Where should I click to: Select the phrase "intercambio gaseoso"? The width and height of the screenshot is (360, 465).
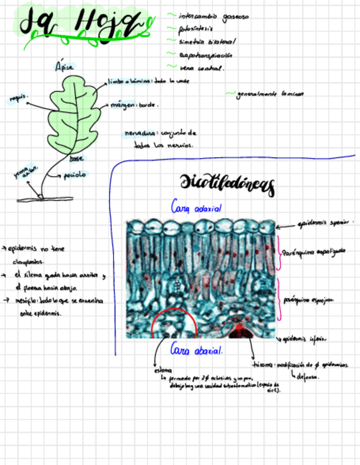[213, 16]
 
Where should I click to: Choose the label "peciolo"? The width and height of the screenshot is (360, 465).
[74, 175]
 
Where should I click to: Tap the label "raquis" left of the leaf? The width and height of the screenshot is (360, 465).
[18, 98]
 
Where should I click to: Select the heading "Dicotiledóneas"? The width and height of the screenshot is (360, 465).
[227, 184]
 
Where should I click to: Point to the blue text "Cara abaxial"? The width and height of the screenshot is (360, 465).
[196, 349]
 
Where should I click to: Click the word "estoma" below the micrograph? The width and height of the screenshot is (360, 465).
[162, 370]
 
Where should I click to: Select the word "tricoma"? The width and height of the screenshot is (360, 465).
[263, 365]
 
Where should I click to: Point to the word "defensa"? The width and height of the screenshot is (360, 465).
[308, 377]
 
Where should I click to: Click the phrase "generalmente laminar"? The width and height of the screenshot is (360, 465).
[270, 94]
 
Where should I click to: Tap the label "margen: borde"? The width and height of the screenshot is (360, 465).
[134, 104]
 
